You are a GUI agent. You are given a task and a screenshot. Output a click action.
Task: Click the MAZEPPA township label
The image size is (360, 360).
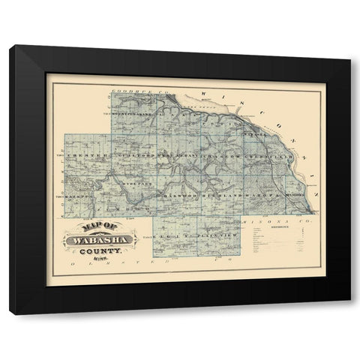coord(67,196)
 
